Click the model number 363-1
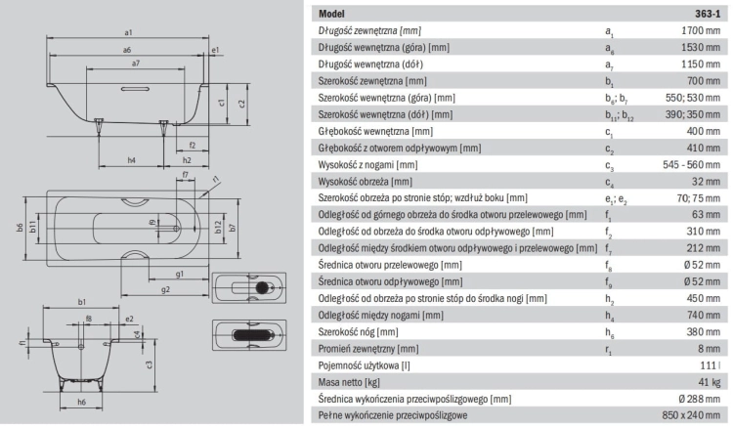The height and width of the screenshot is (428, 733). [708, 14]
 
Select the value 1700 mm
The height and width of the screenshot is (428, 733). [701, 30]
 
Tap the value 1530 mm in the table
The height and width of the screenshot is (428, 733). [701, 47]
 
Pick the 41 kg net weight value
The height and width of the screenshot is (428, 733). [710, 382]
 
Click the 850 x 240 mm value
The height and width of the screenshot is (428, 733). [691, 415]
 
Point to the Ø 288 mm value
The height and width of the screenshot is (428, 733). [700, 399]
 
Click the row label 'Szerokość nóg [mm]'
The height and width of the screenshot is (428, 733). [358, 332]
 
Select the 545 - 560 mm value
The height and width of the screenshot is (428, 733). [691, 164]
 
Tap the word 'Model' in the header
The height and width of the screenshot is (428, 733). [331, 14]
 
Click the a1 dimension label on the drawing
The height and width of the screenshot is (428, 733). [129, 32]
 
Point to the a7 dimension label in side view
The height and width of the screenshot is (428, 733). [136, 64]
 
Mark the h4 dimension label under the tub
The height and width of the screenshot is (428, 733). [132, 160]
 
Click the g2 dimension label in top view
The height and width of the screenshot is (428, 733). [165, 289]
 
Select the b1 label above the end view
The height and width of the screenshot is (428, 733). [82, 302]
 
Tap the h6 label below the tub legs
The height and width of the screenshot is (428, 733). [82, 402]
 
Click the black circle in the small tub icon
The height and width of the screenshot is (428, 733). [262, 288]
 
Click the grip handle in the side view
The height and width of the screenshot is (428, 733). [135, 88]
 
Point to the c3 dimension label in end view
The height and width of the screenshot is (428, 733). [150, 364]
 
